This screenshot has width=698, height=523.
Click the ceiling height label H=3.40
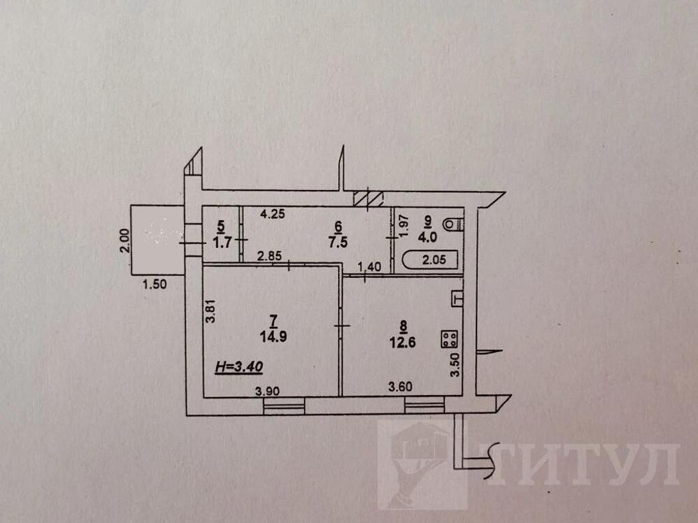click(239, 367)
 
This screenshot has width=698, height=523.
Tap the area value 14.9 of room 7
click(273, 336)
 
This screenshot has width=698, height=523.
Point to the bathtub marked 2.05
click(430, 259)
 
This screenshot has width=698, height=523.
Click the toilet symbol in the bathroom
click(455, 223)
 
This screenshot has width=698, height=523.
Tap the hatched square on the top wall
click(368, 198)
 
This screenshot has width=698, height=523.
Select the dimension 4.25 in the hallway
click(273, 214)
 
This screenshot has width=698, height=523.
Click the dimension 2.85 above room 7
click(269, 256)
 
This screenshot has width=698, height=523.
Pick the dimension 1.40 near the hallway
click(369, 267)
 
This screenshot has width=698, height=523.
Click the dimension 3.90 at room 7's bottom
click(267, 391)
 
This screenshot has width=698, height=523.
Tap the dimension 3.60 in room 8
click(400, 387)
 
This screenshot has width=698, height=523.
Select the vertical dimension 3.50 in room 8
click(455, 365)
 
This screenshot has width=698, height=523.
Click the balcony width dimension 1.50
click(155, 284)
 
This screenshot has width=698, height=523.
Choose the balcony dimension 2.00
click(125, 240)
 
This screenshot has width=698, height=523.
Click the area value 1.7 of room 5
click(222, 244)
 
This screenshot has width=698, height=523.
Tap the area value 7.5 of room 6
click(338, 242)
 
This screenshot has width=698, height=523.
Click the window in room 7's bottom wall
click(284, 407)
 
